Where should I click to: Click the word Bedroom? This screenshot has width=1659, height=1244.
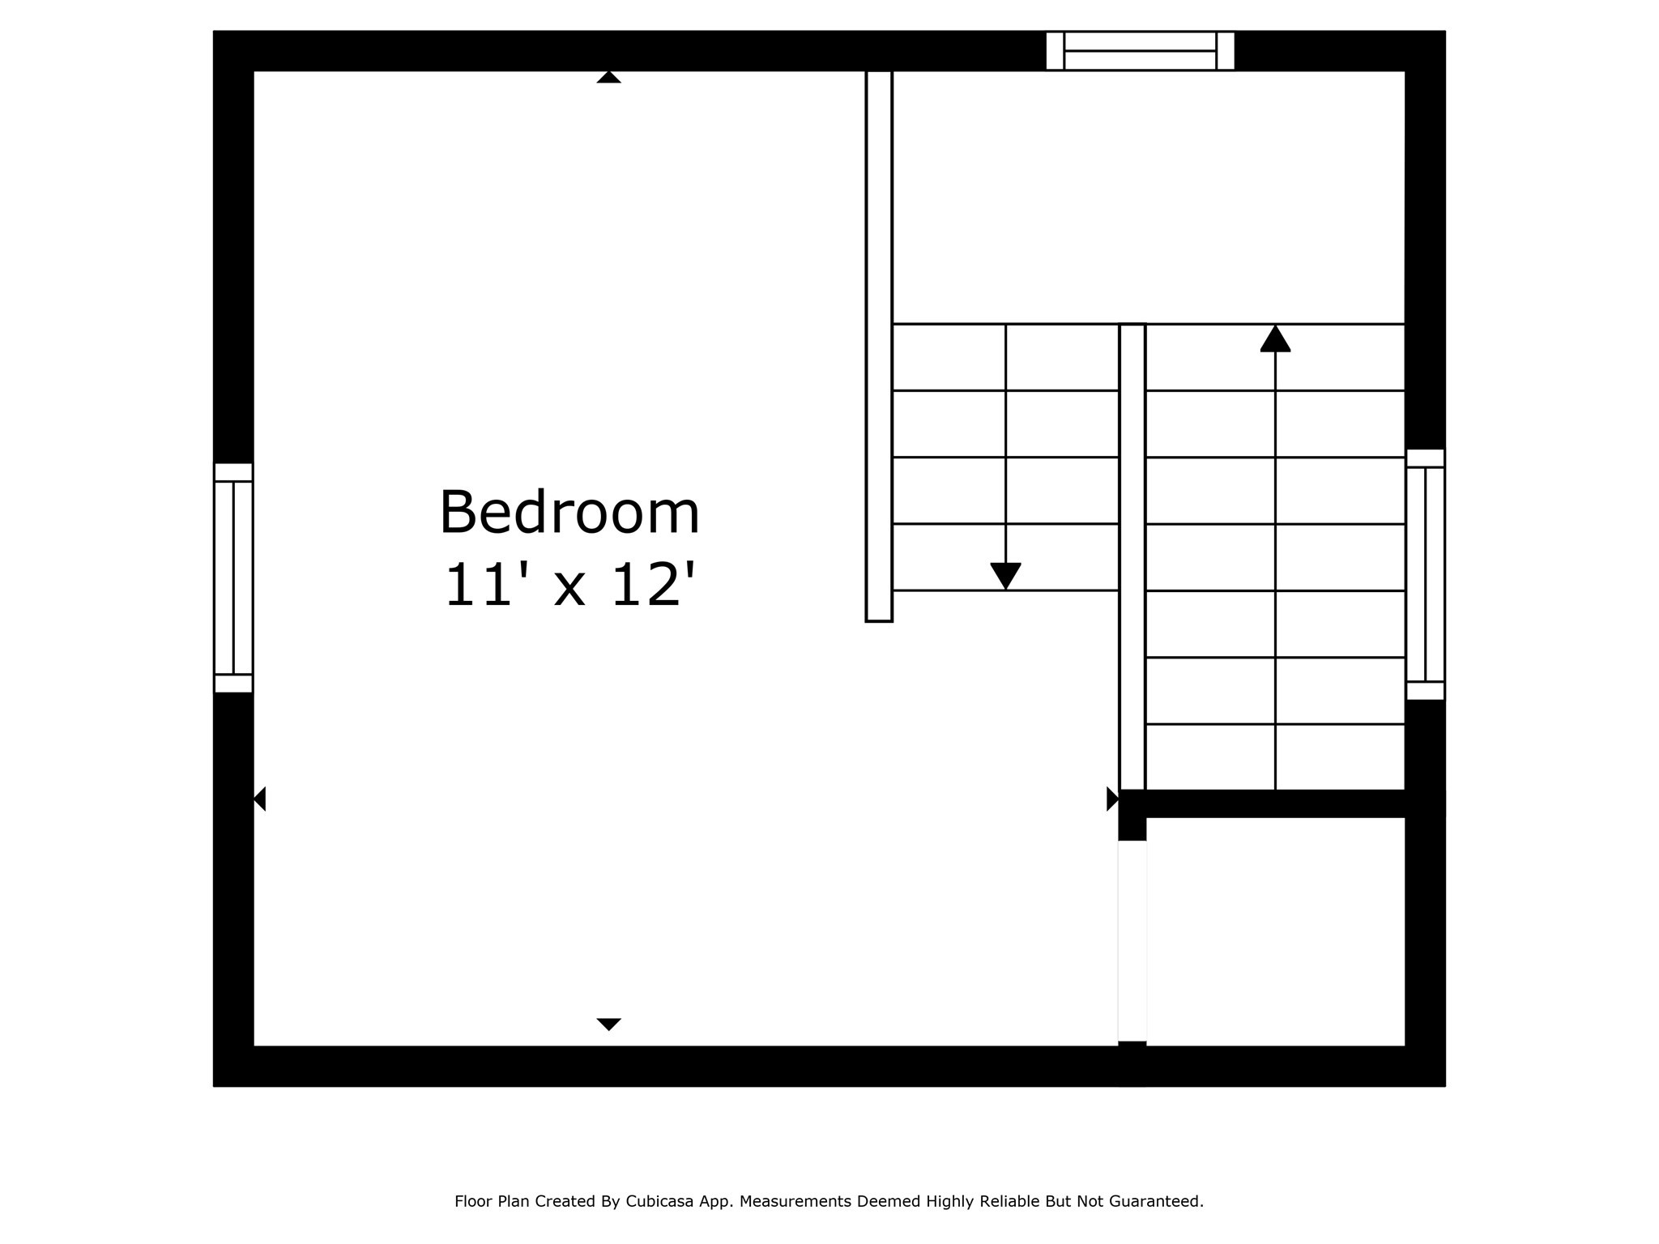[x=569, y=513]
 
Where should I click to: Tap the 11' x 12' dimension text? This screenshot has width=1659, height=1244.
[x=569, y=585]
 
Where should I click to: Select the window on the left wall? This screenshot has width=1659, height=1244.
[x=233, y=577]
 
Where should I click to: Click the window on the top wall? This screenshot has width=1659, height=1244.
[x=1140, y=51]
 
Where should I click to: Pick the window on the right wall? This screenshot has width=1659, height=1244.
[x=1425, y=574]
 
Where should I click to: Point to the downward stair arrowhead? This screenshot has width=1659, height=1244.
[x=1005, y=575]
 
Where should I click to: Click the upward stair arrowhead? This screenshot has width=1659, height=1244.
[x=1275, y=339]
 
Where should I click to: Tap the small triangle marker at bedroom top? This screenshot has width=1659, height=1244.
[x=608, y=78]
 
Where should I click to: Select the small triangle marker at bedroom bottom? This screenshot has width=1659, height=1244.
[x=608, y=1024]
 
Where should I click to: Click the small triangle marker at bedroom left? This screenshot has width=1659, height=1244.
[x=260, y=799]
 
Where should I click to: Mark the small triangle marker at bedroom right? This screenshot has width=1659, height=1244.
[x=1112, y=799]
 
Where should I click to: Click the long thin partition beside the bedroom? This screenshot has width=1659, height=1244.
[x=879, y=346]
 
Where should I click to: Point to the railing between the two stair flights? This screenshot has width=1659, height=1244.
[x=1132, y=556]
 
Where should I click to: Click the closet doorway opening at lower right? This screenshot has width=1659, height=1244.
[x=1132, y=940]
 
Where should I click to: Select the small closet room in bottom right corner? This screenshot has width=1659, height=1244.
[x=1275, y=931]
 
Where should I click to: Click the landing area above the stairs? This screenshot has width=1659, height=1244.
[x=1148, y=197]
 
